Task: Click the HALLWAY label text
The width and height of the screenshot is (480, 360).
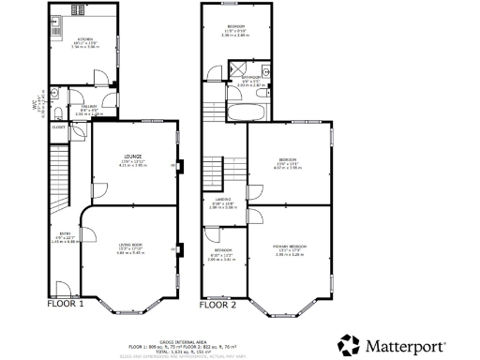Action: pos(87,108)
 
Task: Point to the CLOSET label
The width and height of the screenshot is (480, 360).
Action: pos(58,126)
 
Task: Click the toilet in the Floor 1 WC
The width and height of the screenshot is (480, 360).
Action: pos(57,94)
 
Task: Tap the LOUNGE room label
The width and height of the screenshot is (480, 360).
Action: pos(131,158)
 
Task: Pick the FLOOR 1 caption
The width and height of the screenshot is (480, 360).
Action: pos(66,305)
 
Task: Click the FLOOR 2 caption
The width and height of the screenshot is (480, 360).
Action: pos(217,305)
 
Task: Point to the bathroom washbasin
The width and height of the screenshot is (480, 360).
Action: pos(267,71)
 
